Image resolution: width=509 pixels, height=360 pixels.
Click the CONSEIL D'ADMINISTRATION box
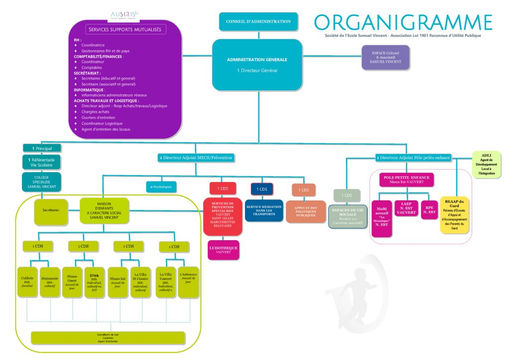[x=258, y=22]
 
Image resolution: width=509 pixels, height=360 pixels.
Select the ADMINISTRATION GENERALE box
[x=257, y=65]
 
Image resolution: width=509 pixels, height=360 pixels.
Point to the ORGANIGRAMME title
[x=403, y=22]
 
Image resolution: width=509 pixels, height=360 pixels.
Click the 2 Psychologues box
[x=161, y=187]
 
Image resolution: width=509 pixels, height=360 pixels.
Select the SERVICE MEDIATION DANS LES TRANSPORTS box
[x=264, y=210]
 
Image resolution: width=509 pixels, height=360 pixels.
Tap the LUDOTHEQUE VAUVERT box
[x=223, y=250]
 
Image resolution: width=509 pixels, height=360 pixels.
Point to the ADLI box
[x=487, y=165]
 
